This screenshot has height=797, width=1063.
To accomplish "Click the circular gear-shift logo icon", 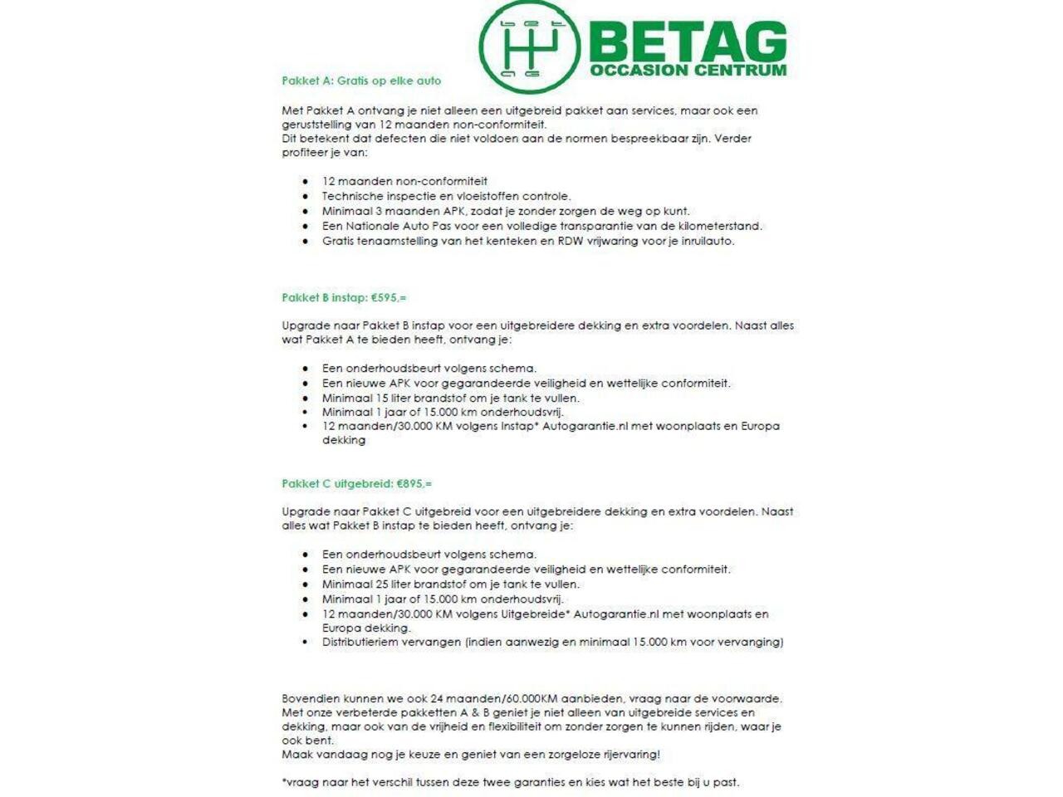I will (529, 46).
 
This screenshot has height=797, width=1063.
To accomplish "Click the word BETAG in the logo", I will (688, 42).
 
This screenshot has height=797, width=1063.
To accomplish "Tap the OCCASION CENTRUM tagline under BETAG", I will (688, 71).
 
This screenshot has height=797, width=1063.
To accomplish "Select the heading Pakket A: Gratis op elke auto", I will (361, 81).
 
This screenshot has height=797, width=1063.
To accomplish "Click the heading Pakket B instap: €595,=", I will (344, 298).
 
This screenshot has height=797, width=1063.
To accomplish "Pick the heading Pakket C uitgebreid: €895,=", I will (356, 484).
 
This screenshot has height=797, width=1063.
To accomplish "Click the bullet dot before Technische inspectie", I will (306, 197).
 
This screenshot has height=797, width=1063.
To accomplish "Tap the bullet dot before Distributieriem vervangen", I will (306, 643).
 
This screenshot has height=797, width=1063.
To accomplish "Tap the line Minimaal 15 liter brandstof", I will (451, 398).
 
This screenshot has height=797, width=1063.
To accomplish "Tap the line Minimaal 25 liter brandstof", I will (451, 584).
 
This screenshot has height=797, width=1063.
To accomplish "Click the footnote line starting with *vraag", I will (510, 782).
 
